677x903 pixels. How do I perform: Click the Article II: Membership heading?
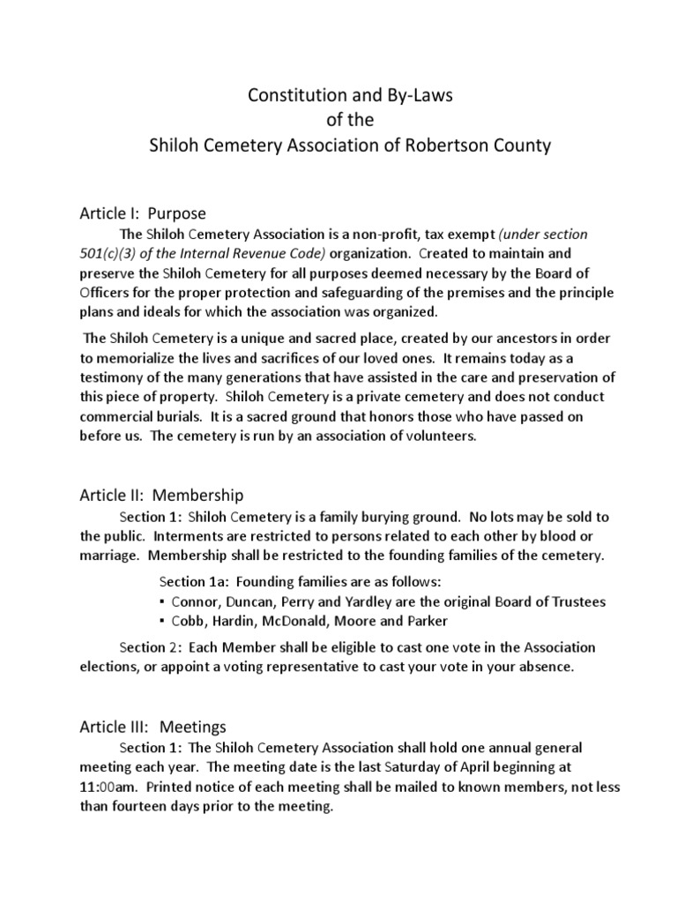[161, 496]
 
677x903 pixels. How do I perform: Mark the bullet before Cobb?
[162, 621]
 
